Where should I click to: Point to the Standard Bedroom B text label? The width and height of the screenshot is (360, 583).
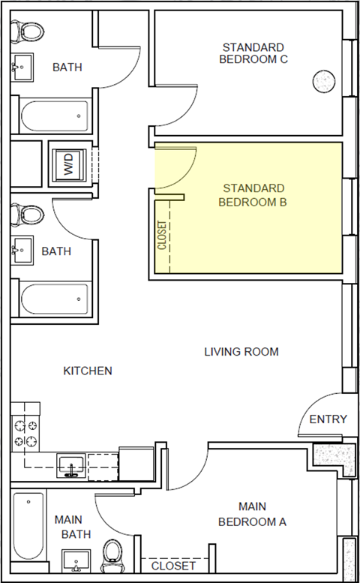coord(252,194)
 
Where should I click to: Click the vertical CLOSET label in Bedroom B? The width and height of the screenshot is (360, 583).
coord(161,235)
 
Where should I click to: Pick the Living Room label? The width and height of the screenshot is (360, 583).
coord(241,351)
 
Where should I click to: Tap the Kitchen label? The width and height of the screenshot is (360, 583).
coord(88,371)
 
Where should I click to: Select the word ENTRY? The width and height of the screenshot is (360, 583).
coord(328,419)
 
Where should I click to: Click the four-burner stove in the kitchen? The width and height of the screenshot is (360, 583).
coord(25,433)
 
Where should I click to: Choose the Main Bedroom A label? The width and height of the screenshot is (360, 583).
coord(252,514)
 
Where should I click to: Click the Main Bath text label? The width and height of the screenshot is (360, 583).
coord(73,526)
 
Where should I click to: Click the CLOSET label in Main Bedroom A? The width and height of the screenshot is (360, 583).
coord(173,566)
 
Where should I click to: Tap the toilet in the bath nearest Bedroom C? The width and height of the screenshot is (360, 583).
coord(30,32)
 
